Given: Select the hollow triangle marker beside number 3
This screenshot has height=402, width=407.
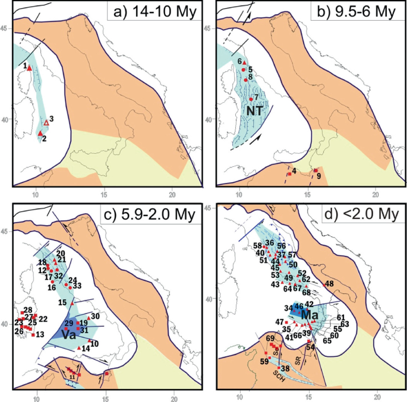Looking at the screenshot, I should (x=46, y=122).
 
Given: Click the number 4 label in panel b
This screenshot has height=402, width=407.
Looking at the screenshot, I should (x=294, y=172).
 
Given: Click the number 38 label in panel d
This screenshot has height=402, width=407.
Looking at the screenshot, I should (x=285, y=369).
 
